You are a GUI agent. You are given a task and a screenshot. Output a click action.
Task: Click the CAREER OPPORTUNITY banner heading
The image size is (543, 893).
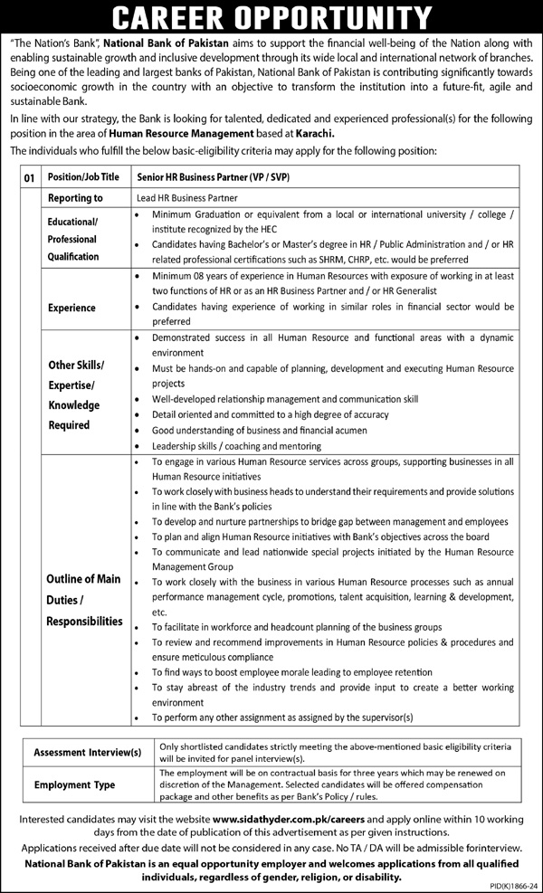point(271,17)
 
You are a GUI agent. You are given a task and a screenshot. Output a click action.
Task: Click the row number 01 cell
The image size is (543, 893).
point(29,179)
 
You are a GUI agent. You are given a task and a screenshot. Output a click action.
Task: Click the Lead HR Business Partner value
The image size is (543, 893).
point(187,198)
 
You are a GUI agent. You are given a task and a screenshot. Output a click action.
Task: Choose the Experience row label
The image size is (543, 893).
point(71,308)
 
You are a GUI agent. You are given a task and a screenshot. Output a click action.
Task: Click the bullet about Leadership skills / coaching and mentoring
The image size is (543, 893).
point(236,446)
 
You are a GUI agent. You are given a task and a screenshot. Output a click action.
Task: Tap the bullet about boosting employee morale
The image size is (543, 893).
point(291,672)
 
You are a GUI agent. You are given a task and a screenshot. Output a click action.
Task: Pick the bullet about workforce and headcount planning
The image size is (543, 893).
point(297,627)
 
